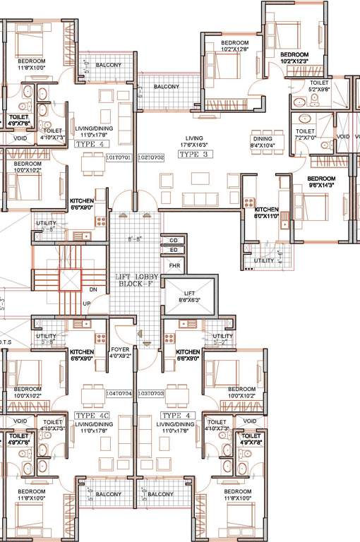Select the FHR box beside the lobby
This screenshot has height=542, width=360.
tap(173, 265)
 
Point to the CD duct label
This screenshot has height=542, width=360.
tap(173, 241)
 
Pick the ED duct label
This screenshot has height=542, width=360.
tap(173, 250)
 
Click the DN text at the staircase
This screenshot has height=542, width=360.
tap(92, 289)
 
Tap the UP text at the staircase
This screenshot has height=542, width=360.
tap(88, 303)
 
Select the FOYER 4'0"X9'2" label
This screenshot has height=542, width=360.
tap(120, 353)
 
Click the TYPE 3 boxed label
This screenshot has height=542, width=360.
tap(193, 154)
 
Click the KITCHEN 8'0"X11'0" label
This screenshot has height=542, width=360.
tap(267, 213)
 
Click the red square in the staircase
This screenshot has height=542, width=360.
tap(71, 280)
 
